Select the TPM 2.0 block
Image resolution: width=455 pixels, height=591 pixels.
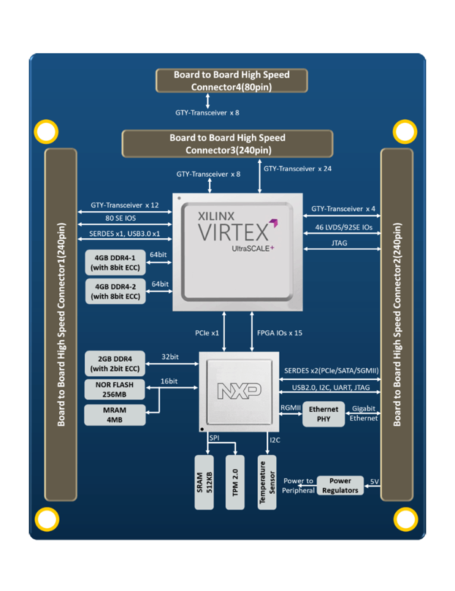click(x=234, y=483)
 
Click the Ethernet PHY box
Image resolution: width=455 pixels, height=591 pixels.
click(x=323, y=413)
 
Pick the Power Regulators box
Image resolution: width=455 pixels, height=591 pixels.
click(x=339, y=486)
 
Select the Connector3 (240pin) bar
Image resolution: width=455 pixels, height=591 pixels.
click(x=227, y=143)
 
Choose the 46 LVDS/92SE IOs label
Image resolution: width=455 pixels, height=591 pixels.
click(x=343, y=227)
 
